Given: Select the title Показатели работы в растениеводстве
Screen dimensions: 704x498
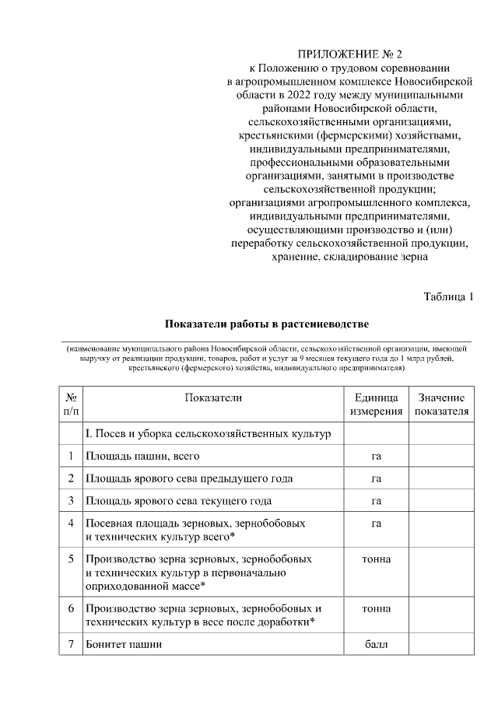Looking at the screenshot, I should [266, 323].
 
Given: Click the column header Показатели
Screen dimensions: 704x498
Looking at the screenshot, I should [213, 398].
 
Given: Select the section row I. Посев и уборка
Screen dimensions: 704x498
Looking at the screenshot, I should [208, 433].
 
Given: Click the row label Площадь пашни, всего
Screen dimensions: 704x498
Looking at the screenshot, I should [142, 456].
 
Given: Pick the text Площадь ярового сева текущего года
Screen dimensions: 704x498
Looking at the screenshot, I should [178, 501].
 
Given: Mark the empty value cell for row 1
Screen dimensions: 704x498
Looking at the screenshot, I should [441, 456].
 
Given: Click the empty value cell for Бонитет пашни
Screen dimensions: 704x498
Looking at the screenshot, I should [441, 645].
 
